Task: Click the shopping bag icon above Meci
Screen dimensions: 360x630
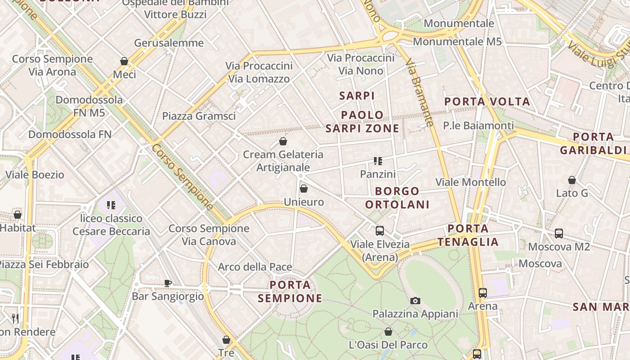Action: (x=124, y=61)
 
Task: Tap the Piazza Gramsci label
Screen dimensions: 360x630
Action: (x=198, y=116)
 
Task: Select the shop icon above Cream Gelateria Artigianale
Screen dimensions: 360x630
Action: (x=283, y=142)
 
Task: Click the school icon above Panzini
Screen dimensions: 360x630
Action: (x=378, y=161)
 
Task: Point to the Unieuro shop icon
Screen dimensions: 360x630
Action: (x=304, y=189)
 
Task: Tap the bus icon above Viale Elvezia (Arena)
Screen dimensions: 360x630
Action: (x=380, y=231)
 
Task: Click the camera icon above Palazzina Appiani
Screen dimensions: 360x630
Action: (x=415, y=301)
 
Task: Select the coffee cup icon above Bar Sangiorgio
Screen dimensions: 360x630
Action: (x=167, y=283)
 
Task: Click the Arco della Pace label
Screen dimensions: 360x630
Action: (x=255, y=267)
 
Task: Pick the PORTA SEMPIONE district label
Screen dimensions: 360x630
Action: (x=290, y=292)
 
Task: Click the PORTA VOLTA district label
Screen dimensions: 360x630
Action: (x=487, y=102)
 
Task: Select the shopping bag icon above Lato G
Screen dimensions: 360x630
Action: (x=571, y=180)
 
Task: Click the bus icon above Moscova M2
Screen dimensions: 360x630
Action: (x=558, y=234)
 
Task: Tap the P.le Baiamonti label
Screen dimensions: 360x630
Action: (x=478, y=126)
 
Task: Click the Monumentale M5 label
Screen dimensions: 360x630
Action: (x=457, y=41)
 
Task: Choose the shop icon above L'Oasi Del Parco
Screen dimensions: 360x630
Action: (x=388, y=332)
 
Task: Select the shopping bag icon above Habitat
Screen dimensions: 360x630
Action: (x=18, y=215)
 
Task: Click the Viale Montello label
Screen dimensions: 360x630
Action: (x=470, y=182)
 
